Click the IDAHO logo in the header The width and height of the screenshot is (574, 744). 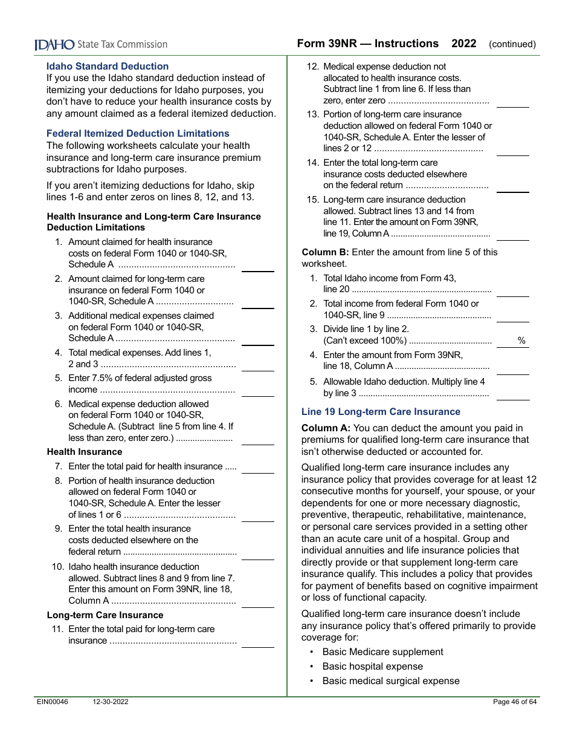click(x=54, y=44)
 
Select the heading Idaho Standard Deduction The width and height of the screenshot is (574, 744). click(x=108, y=67)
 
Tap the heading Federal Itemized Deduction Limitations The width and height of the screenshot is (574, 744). click(x=138, y=134)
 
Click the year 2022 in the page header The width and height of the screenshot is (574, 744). click(x=463, y=44)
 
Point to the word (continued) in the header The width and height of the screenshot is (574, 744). click(x=512, y=44)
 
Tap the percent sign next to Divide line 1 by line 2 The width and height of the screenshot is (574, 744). click(x=521, y=341)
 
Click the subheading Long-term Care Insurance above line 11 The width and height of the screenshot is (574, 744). click(x=105, y=615)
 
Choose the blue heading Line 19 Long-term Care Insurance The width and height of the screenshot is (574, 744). click(x=381, y=412)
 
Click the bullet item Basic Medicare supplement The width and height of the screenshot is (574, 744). click(x=382, y=652)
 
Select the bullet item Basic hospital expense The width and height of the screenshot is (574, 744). click(x=372, y=667)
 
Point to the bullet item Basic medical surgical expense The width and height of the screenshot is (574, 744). click(x=390, y=681)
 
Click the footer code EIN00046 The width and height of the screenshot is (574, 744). click(x=51, y=702)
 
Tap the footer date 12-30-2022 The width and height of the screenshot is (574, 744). click(x=111, y=702)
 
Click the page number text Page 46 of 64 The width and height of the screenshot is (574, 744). click(x=515, y=702)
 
